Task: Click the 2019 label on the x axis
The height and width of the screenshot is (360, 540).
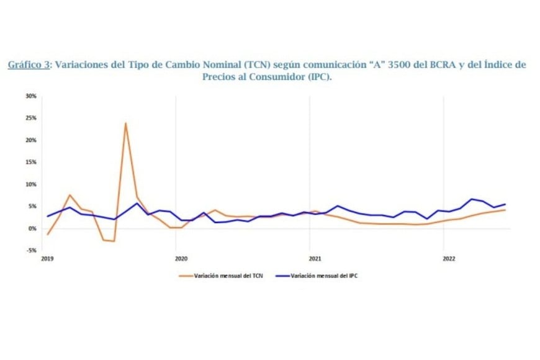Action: pos(47,258)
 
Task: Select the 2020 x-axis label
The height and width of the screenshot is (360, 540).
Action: pos(181,258)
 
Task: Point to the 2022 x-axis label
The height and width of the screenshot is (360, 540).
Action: pos(447,258)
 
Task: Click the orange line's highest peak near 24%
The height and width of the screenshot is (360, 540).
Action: pos(125,123)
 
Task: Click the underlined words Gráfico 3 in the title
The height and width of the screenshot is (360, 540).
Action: pos(29,65)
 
